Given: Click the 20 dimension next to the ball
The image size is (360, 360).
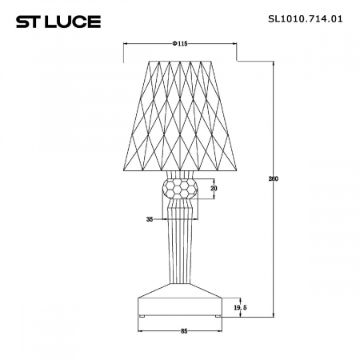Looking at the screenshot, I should pyautogui.click(x=213, y=189).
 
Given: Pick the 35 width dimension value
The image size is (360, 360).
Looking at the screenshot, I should pyautogui.click(x=149, y=218).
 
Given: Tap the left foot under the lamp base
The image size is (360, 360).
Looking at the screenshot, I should pyautogui.click(x=142, y=317).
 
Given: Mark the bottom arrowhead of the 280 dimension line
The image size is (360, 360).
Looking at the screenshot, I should pyautogui.click(x=274, y=315).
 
